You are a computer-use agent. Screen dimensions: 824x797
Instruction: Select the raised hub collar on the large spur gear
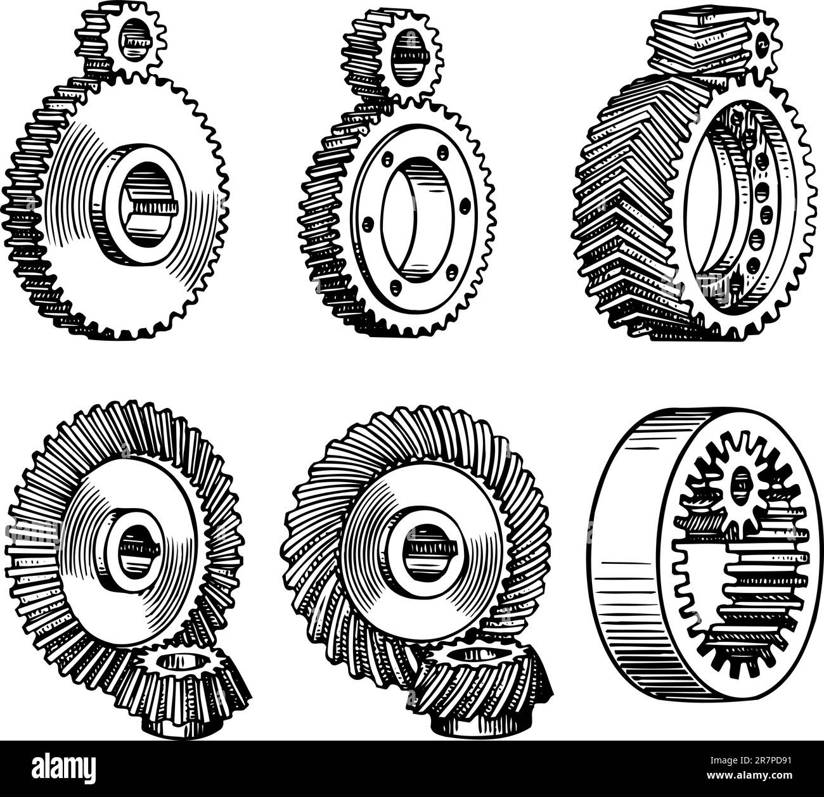pos(139,205)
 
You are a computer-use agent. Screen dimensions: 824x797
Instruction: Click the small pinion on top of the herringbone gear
pos(716,42)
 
